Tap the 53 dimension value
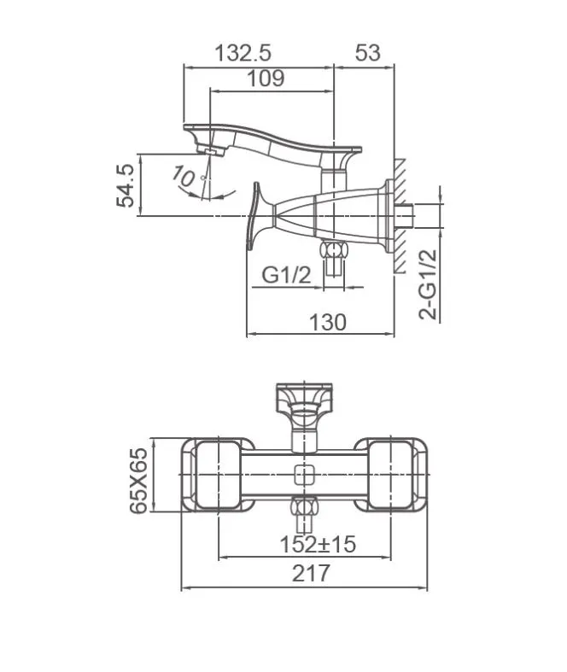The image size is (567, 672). [x=366, y=53]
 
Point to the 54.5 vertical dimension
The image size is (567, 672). [x=125, y=184]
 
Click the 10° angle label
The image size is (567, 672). [x=184, y=177]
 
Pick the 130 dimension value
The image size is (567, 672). [x=327, y=322]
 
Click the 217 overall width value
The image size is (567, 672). [x=311, y=574]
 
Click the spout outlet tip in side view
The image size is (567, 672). [x=211, y=150]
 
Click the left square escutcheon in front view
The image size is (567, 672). [x=218, y=475]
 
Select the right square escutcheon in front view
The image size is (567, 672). [x=391, y=475]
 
